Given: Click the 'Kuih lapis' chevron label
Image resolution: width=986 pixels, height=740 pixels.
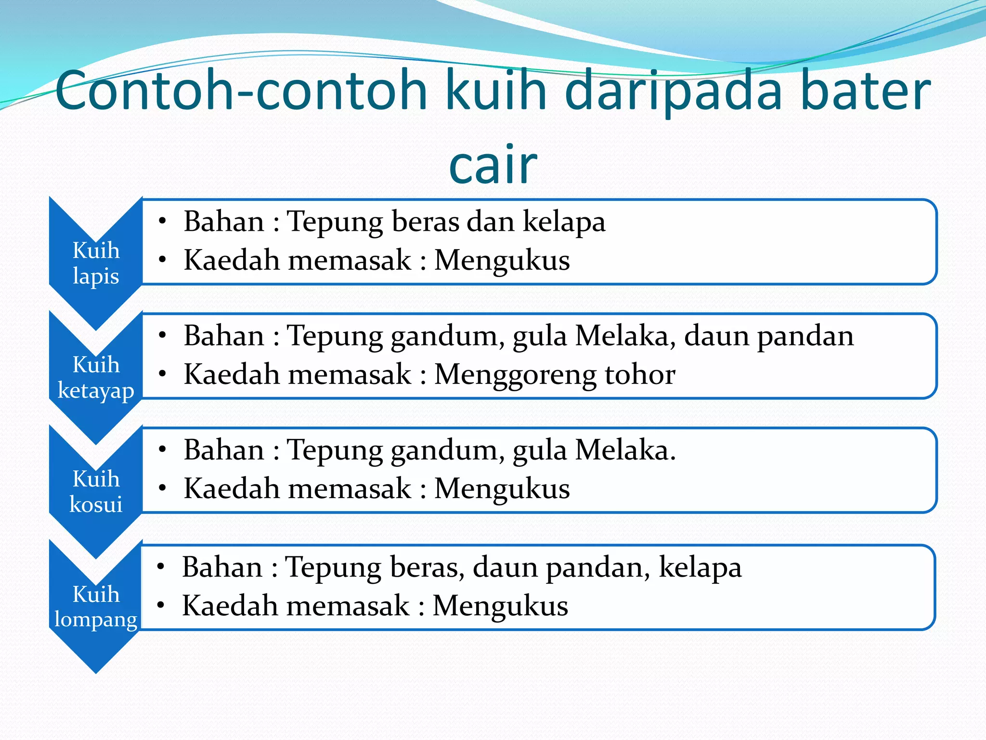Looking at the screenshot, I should click(96, 263).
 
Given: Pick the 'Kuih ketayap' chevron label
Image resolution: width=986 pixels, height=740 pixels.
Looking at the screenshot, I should click(96, 377).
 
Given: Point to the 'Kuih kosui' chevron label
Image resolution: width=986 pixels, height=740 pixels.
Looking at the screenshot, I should click(96, 491).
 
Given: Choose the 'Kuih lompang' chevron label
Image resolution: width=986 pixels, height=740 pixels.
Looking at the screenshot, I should click(96, 606).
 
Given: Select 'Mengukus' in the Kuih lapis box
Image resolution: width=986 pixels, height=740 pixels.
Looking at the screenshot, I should click(502, 261).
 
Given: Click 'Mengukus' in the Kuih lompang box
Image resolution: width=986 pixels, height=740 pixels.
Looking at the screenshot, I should click(500, 606).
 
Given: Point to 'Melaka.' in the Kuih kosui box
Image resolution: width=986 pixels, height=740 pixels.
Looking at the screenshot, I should click(625, 450).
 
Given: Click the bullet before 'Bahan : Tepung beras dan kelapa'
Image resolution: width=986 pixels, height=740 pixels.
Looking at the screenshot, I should click(163, 221).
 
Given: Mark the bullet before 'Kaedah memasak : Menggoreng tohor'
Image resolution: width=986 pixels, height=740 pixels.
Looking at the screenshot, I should click(163, 374).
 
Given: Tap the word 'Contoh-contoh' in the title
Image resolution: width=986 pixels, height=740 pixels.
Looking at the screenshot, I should click(241, 91).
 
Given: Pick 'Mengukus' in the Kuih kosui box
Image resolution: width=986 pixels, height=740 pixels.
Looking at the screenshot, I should click(502, 489).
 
